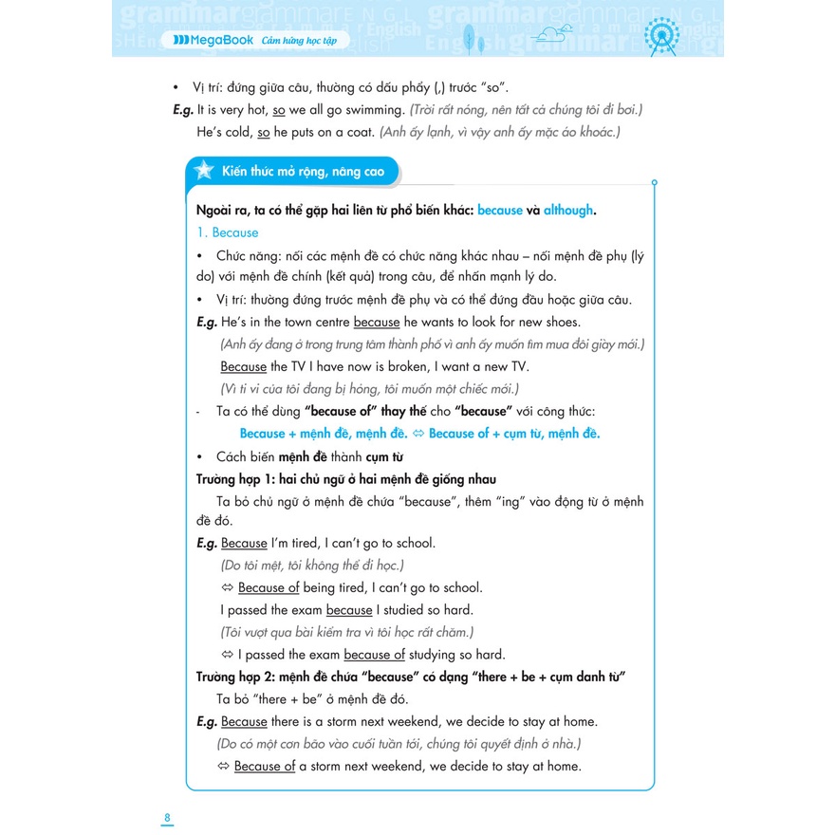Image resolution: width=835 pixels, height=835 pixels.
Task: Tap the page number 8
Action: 167,818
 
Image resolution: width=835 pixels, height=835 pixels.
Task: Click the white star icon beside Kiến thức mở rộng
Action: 203,171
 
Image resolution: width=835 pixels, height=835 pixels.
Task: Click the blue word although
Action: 568,210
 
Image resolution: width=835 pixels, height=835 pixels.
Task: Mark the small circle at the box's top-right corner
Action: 654,183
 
